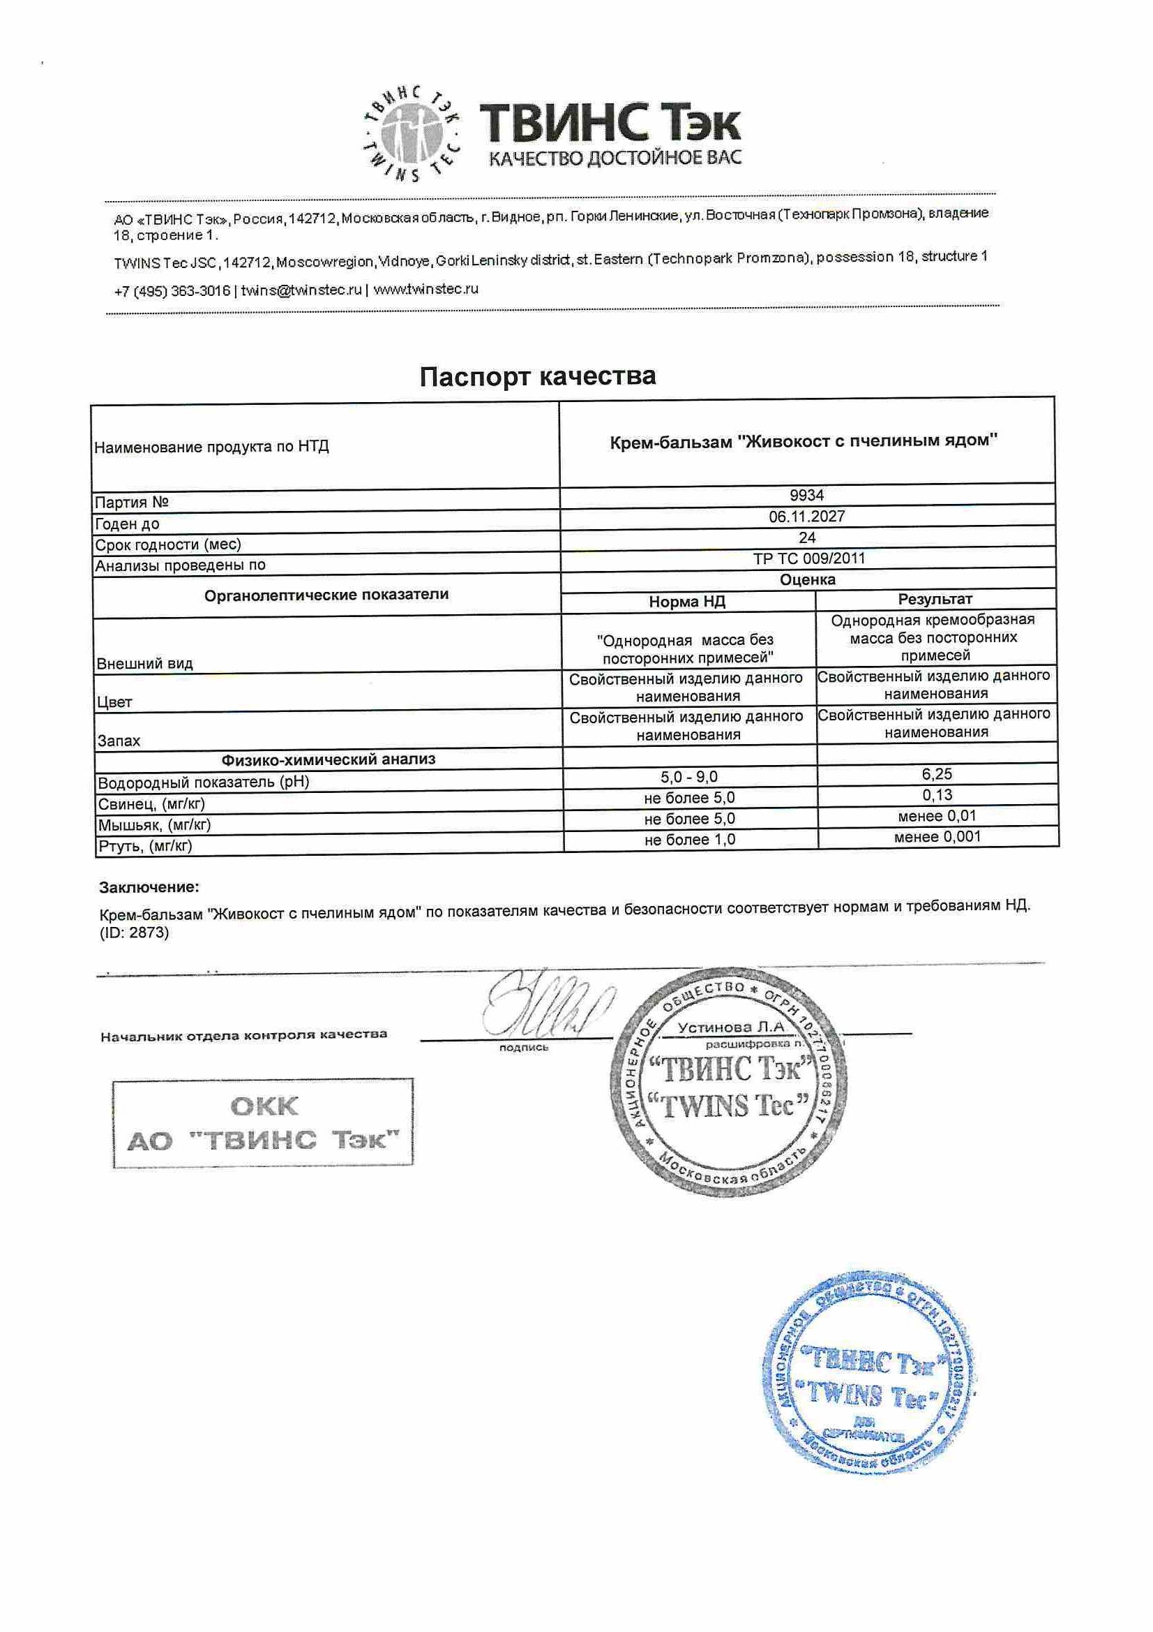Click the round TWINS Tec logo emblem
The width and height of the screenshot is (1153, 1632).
[x=410, y=133]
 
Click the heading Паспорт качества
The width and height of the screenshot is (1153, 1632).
[x=537, y=376]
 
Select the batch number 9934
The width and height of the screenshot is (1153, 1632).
[x=806, y=496]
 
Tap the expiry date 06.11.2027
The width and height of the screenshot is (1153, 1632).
[x=806, y=517]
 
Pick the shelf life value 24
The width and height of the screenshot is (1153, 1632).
[x=806, y=537]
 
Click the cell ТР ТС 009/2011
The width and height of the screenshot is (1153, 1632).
[x=809, y=558]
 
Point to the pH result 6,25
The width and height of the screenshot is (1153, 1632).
[x=937, y=774]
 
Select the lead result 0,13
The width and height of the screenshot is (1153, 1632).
[x=937, y=794]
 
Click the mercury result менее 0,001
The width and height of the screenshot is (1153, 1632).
[x=937, y=837]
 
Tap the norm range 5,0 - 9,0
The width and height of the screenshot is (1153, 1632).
[x=688, y=777]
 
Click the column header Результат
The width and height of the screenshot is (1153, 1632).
[x=935, y=599]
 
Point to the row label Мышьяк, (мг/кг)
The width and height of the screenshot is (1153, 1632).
[x=154, y=824]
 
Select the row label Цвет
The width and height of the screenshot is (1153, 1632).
[x=114, y=702]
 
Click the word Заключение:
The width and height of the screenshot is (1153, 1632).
[x=149, y=887]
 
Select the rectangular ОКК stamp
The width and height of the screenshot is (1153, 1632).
[x=263, y=1123]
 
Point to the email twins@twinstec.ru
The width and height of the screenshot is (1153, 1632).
[x=301, y=290]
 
